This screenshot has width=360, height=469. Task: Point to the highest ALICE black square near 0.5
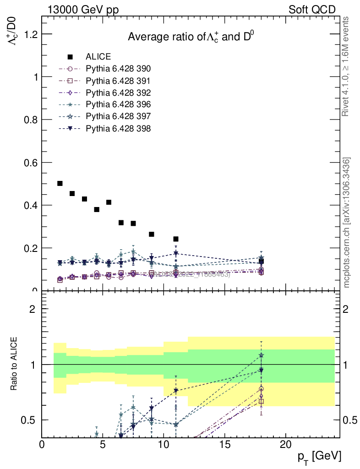tap(60, 183)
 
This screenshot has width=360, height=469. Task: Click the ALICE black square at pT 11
tap(176, 239)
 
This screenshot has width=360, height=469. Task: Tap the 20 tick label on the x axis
tap(285, 445)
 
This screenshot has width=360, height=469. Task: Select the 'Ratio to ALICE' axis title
tap(15, 364)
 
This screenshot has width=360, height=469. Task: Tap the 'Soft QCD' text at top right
tap(312, 9)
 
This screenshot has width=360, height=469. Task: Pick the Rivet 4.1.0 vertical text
tap(346, 66)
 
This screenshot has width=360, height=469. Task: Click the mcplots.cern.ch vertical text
tap(347, 223)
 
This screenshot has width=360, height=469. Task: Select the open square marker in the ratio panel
tap(261, 401)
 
